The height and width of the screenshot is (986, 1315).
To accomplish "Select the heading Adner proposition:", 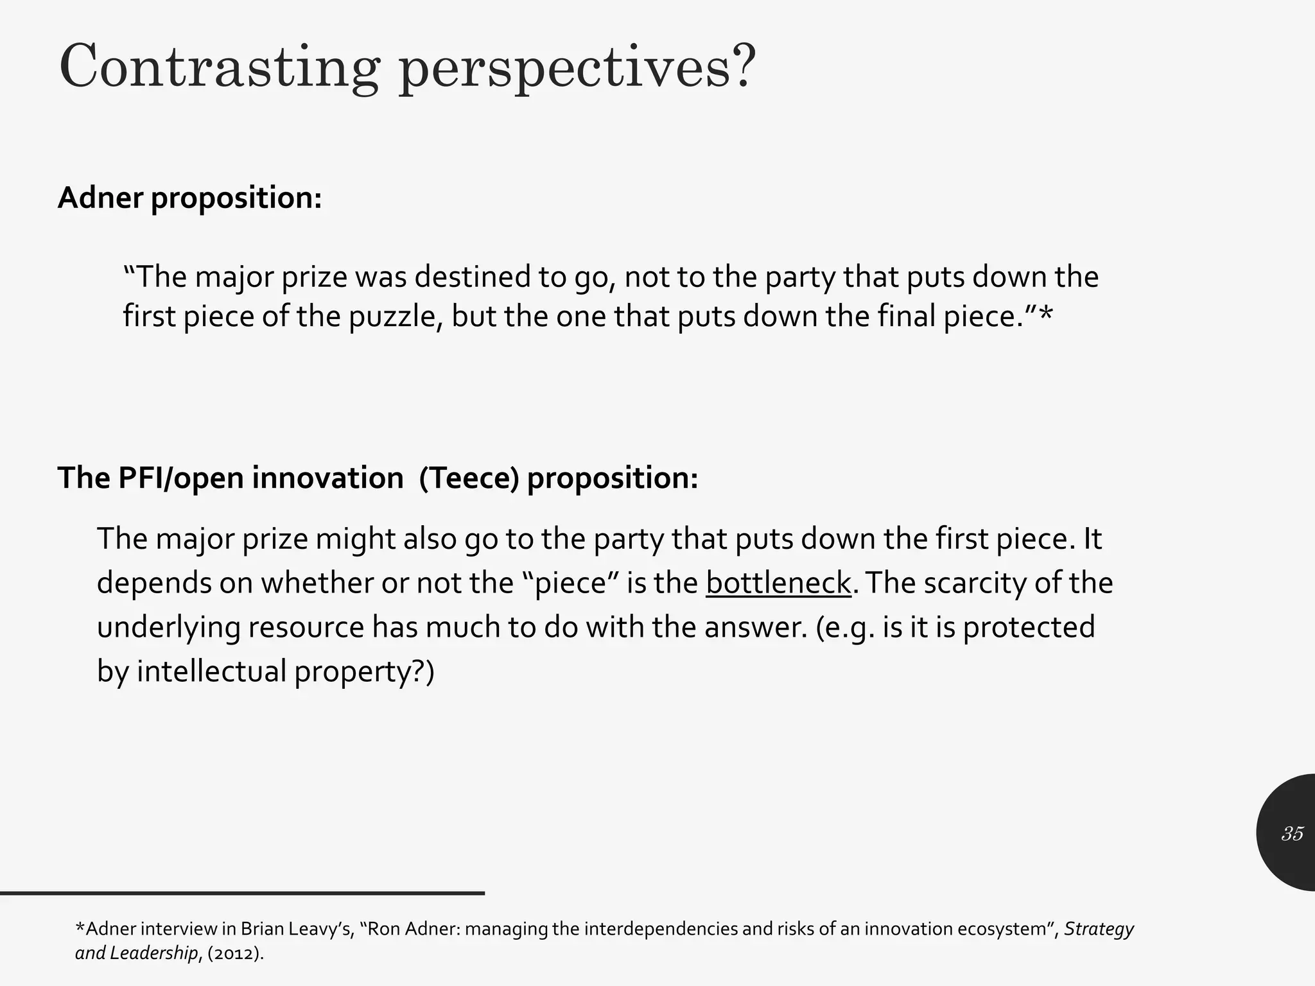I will tap(189, 198).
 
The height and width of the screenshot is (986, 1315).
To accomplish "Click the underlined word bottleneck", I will tap(778, 583).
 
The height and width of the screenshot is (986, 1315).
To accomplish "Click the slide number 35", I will tap(1292, 833).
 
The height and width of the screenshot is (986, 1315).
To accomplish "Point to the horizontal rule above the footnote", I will tap(242, 893).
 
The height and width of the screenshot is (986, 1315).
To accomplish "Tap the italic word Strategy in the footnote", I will tap(1099, 929).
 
